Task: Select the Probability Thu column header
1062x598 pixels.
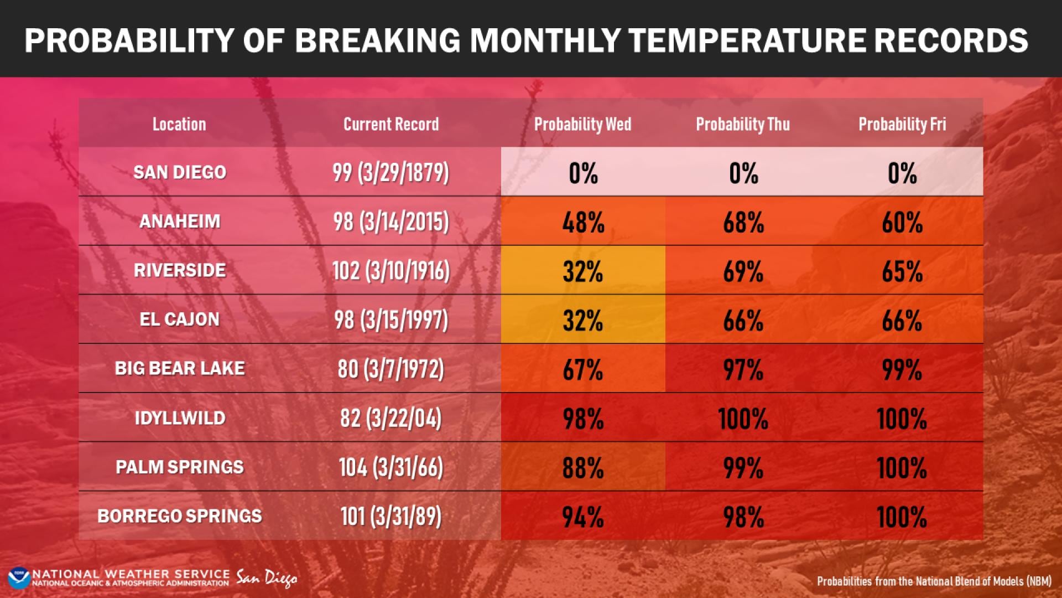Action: pyautogui.click(x=743, y=124)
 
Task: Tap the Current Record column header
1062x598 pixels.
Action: pyautogui.click(x=391, y=124)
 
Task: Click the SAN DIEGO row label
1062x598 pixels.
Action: pyautogui.click(x=180, y=172)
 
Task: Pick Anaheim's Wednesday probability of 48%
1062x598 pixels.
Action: pyautogui.click(x=583, y=222)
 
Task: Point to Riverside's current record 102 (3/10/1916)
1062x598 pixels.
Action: pyautogui.click(x=391, y=271)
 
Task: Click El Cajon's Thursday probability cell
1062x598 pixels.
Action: pyautogui.click(x=743, y=320)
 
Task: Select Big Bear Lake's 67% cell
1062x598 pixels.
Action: pyautogui.click(x=583, y=369)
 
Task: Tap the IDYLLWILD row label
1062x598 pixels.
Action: pyautogui.click(x=180, y=417)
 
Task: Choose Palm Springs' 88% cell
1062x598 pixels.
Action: pyautogui.click(x=583, y=467)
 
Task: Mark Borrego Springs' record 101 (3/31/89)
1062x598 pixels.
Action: pyautogui.click(x=391, y=516)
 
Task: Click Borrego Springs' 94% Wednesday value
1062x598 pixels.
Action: pyautogui.click(x=583, y=517)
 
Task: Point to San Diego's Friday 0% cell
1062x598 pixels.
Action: pyautogui.click(x=902, y=173)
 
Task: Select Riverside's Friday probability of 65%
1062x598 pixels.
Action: pyautogui.click(x=902, y=271)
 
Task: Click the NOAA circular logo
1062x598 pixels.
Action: pyautogui.click(x=19, y=578)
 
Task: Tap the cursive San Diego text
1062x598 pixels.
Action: pyautogui.click(x=267, y=578)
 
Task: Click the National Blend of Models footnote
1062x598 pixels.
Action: pyautogui.click(x=934, y=581)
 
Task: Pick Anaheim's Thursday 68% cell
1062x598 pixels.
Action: pyautogui.click(x=743, y=222)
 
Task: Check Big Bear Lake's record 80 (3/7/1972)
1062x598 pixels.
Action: pyautogui.click(x=391, y=369)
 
